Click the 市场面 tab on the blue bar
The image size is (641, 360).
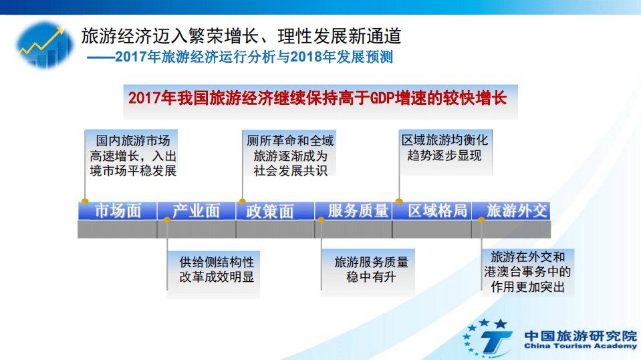pos(118,211)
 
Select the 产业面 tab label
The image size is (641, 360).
pos(196,211)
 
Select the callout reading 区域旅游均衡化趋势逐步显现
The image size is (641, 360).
pos(444,148)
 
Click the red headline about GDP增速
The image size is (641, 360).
pos(317,98)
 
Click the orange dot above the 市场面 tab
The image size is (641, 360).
pos(85,201)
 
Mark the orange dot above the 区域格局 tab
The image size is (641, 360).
pos(399,201)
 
